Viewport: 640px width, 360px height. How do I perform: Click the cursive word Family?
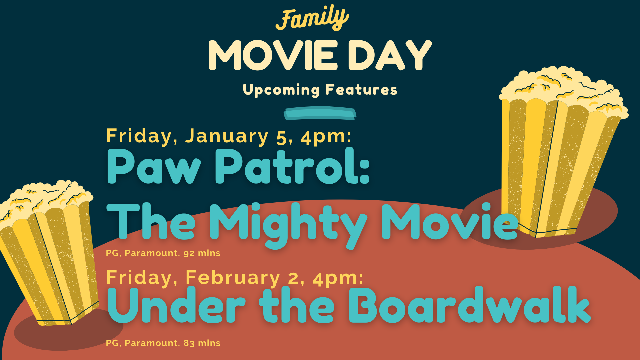pyautogui.click(x=312, y=18)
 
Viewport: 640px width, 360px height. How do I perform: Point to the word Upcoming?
pyautogui.click(x=281, y=90)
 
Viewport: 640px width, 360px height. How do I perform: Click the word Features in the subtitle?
pyautogui.click(x=361, y=89)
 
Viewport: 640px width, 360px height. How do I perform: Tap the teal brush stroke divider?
pyautogui.click(x=320, y=113)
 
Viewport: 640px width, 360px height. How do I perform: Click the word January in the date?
pyautogui.click(x=227, y=136)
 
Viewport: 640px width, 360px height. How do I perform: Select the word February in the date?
pyautogui.click(x=233, y=278)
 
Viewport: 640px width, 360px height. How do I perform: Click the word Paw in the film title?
pyautogui.click(x=154, y=166)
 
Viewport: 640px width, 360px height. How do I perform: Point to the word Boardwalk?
pyautogui.click(x=470, y=305)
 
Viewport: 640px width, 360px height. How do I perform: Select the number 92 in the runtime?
pyautogui.click(x=189, y=253)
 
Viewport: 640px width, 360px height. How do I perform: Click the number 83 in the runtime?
pyautogui.click(x=189, y=343)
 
